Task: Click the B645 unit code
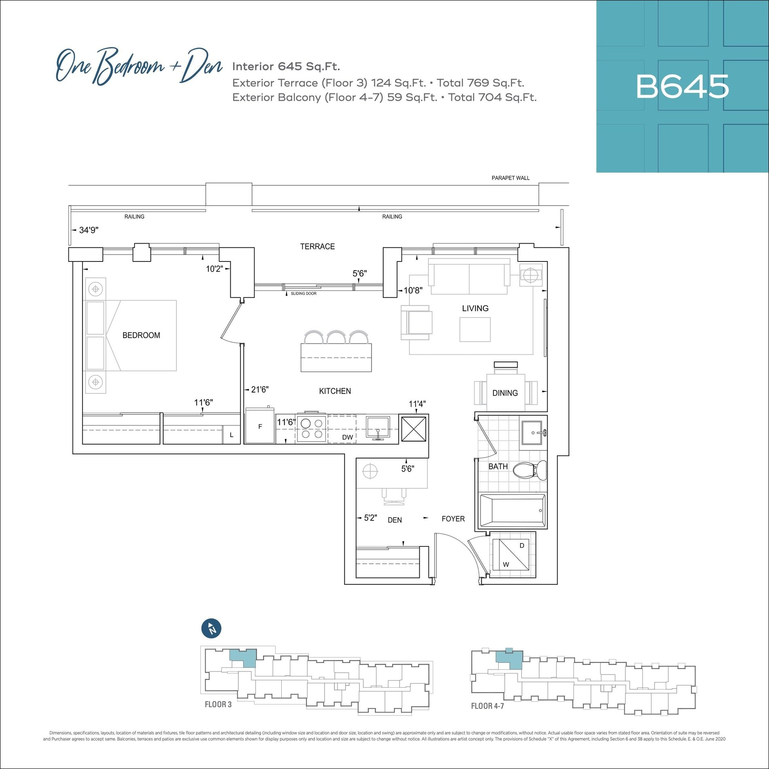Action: (x=682, y=87)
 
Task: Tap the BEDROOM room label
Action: (x=141, y=335)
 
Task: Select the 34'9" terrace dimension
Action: (x=89, y=230)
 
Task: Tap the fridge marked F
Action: (x=260, y=426)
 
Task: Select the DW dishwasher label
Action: (x=347, y=437)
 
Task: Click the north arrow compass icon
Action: (x=211, y=629)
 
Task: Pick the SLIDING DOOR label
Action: (x=304, y=293)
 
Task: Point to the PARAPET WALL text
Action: (x=510, y=178)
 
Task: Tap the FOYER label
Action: (x=453, y=519)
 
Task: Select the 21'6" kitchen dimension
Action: (x=260, y=389)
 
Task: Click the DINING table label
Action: (x=505, y=393)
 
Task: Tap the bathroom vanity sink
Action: (x=533, y=433)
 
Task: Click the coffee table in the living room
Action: (x=475, y=329)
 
